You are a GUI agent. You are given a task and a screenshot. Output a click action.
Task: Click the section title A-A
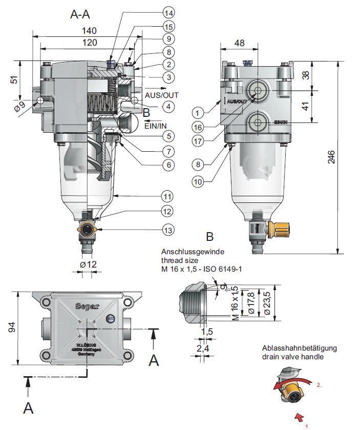tap(80, 15)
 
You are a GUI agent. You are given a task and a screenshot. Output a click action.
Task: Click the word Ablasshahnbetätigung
tap(300, 348)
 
